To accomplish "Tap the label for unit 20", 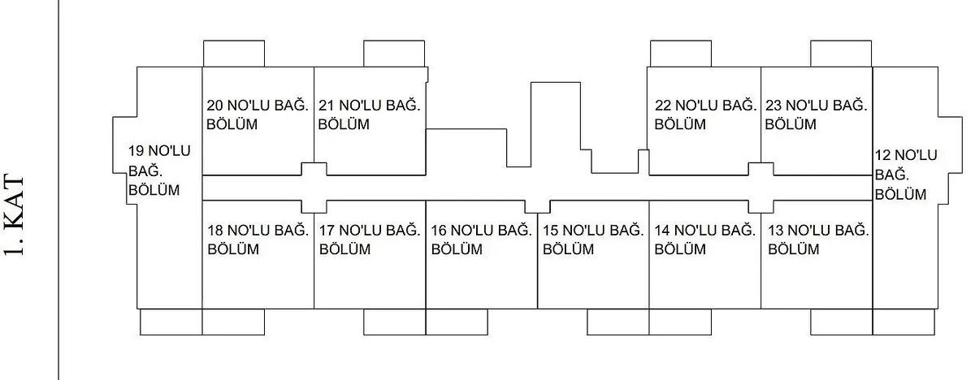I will tap(257, 114).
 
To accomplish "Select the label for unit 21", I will tap(369, 114).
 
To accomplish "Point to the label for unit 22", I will tap(704, 114).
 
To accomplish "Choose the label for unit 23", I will tap(815, 114).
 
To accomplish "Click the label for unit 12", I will tap(905, 175).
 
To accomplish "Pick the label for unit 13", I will tap(818, 240).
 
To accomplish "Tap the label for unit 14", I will tap(705, 240).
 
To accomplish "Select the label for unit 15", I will tap(593, 240).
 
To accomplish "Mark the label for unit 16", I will tap(481, 240).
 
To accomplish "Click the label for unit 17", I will tap(370, 240).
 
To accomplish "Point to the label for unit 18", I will tap(258, 240).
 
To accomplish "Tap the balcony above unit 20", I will tap(232, 53).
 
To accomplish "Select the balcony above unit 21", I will tap(393, 53).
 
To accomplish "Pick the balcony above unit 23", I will tap(841, 53).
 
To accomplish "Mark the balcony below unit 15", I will tap(617, 322).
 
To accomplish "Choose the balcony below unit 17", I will tap(394, 322).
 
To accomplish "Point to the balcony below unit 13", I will tap(841, 322).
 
